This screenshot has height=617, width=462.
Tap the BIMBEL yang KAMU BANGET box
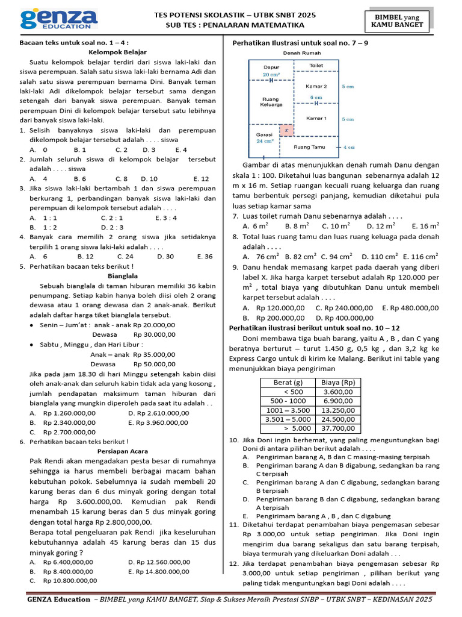click(397, 20)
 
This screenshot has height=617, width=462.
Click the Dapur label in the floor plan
click(271, 67)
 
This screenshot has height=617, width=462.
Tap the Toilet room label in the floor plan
click(316, 65)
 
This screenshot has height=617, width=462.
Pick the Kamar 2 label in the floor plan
click(316, 86)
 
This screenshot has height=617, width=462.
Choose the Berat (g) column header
click(287, 382)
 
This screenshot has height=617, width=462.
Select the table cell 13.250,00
click(337, 410)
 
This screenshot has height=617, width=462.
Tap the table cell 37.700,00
click(337, 428)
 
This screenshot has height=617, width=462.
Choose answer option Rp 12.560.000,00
click(159, 562)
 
